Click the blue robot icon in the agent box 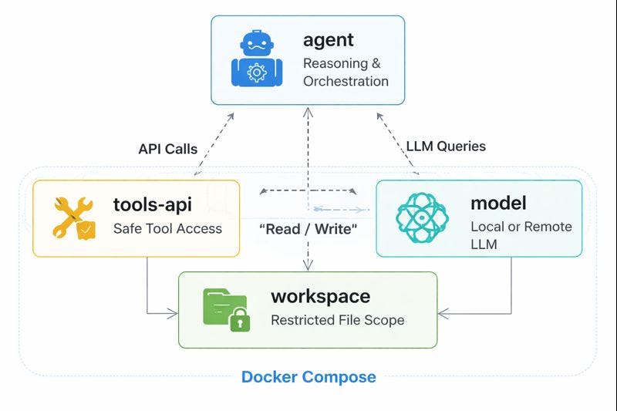[251, 59]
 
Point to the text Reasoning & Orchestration [346, 72]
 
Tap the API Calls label [168, 148]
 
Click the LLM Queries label [446, 145]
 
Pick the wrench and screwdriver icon [73, 217]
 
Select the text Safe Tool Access [167, 228]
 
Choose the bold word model [498, 204]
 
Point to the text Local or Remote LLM [521, 234]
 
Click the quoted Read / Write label [308, 229]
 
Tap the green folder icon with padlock [224, 309]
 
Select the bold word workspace [320, 296]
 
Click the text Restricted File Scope [337, 320]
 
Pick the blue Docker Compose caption [308, 377]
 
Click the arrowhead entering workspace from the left [174, 314]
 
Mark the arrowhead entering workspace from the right [442, 314]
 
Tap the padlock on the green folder [239, 319]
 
